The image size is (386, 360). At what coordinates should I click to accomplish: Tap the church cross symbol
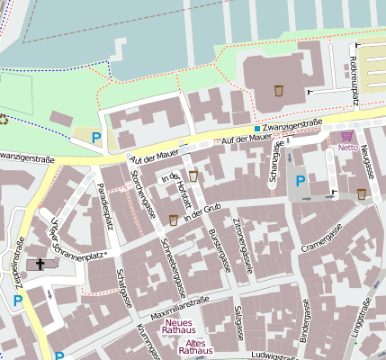pos(40,265)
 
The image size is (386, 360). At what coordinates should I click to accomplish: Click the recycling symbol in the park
pos(3,119)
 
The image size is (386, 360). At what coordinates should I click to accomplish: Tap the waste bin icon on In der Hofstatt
pos(193,175)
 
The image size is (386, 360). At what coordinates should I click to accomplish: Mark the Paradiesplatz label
pos(105,205)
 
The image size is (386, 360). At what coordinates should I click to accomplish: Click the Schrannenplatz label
pos(85,256)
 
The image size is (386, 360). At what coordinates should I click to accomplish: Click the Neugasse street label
pos(366,166)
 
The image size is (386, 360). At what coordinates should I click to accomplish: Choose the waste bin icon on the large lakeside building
pos(278,90)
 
